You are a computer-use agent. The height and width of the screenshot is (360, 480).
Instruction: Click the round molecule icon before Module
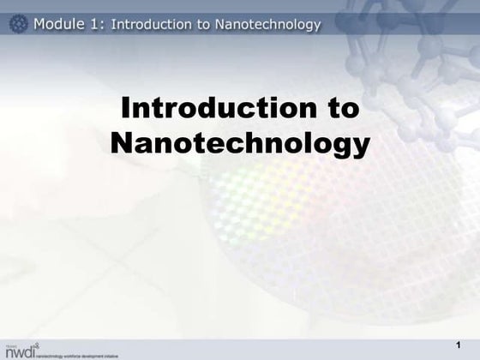point(18,24)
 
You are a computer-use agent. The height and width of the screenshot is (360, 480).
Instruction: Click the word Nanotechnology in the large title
point(240,142)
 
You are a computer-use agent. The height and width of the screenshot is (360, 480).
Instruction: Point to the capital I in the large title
point(126,109)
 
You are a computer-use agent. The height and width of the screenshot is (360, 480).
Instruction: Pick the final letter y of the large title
point(361,146)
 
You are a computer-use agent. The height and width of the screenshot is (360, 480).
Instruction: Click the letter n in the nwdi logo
point(9,351)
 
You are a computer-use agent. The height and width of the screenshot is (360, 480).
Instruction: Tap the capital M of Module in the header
point(40,24)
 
